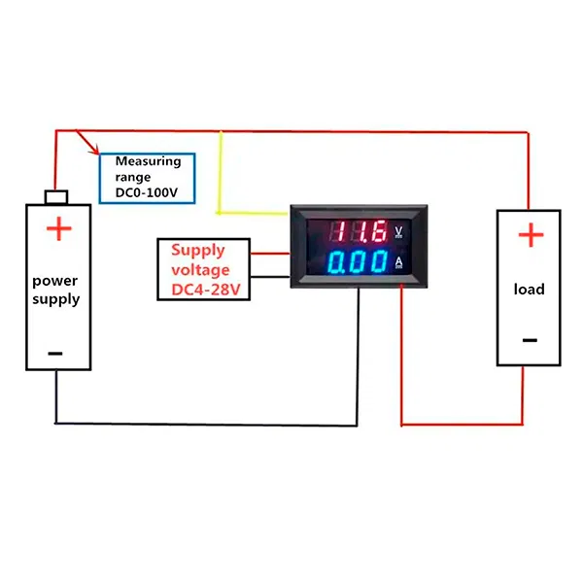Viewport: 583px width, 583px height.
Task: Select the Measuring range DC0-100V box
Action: (x=148, y=178)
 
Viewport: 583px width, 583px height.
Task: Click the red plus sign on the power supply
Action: (x=59, y=229)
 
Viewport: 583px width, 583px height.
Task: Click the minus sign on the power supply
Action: (x=55, y=353)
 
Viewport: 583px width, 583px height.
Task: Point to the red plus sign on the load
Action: (x=530, y=235)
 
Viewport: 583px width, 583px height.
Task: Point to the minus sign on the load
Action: (x=530, y=340)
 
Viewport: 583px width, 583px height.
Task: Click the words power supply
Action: (x=55, y=290)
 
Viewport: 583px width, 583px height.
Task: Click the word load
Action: (x=530, y=289)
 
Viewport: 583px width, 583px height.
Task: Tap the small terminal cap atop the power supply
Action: (x=56, y=197)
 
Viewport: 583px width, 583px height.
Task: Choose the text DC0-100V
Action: (x=149, y=192)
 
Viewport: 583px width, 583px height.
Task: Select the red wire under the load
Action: (x=466, y=424)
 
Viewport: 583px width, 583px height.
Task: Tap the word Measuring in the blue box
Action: (x=149, y=161)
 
